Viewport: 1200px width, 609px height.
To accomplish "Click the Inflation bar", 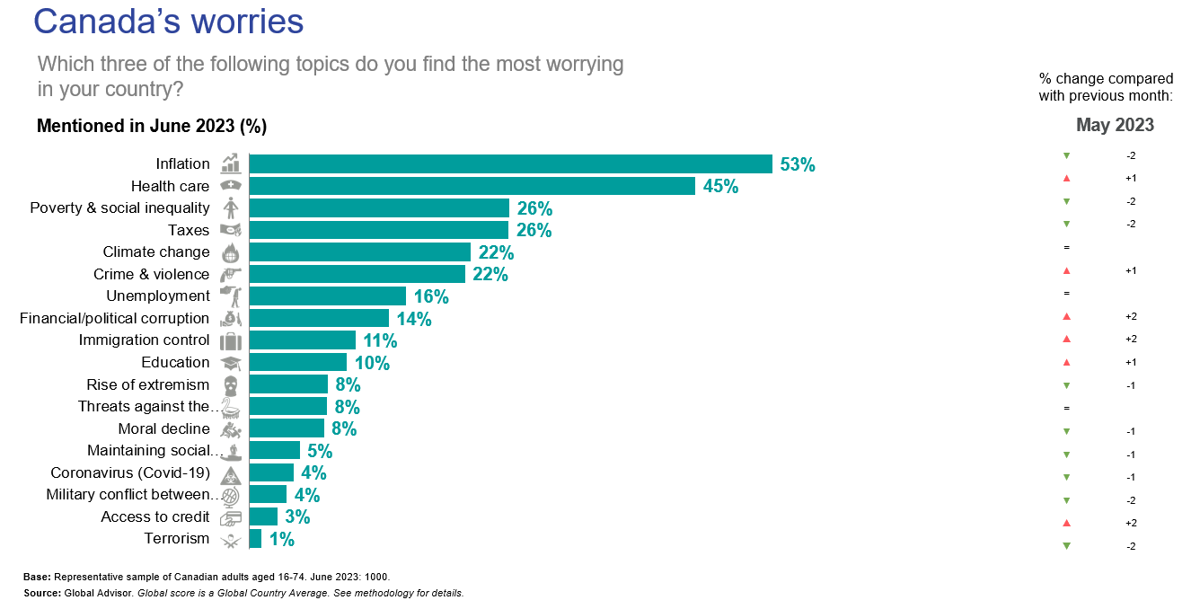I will click(x=510, y=163).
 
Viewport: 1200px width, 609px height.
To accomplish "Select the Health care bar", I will click(x=472, y=186).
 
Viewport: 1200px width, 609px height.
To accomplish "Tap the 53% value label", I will click(x=798, y=165).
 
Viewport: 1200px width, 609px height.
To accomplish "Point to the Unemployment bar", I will click(x=327, y=296).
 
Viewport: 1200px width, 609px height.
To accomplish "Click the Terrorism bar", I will click(x=255, y=539).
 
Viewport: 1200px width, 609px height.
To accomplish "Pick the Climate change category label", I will click(x=156, y=252).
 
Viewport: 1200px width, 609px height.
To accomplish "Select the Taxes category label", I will click(x=189, y=230).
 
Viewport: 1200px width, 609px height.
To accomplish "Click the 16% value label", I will click(x=431, y=297).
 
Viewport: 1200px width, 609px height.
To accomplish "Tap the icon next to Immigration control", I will click(x=232, y=340).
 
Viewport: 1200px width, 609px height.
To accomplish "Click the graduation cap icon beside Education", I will click(x=232, y=363).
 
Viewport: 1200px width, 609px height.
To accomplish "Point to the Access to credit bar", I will click(x=263, y=516).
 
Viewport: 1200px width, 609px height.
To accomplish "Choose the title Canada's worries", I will click(x=169, y=22).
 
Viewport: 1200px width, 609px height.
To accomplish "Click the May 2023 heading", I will click(x=1115, y=125).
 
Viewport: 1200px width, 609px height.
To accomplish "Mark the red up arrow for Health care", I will click(x=1066, y=179).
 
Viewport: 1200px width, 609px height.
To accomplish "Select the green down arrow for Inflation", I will click(x=1066, y=155).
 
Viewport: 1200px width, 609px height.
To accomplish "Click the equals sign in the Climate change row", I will click(x=1066, y=247).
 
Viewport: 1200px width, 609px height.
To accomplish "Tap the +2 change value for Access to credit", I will click(x=1131, y=523).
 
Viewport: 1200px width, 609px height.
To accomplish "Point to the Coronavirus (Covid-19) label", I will click(x=130, y=472).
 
